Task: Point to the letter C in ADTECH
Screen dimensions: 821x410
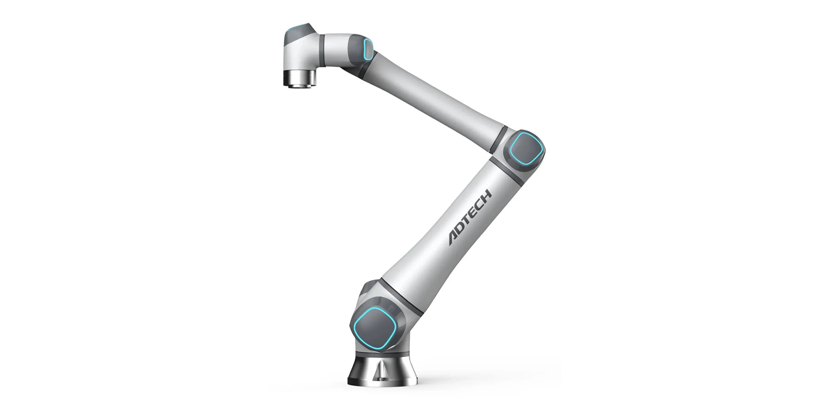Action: [480, 204]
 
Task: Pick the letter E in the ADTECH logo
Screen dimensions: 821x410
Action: [474, 212]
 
